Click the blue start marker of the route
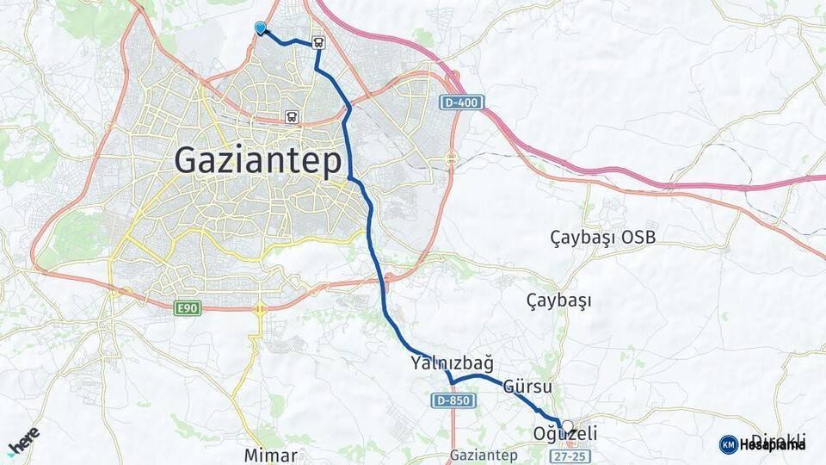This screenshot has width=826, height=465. pos(260,28)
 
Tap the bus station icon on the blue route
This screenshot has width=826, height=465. pos(318,41)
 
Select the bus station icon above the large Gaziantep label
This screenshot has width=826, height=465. pos(292,117)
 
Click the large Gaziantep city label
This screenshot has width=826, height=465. pos(258,161)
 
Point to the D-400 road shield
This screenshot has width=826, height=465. pos(462,102)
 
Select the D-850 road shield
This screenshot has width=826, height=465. pos(452,401)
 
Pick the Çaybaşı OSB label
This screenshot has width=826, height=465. pos(602,236)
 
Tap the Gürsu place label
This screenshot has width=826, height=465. pos(527,387)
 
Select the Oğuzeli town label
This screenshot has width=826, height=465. pos(566,435)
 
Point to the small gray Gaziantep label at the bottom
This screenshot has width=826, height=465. pos(483,455)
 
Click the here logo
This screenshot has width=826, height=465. pos(23,440)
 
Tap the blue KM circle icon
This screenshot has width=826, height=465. pos(728,444)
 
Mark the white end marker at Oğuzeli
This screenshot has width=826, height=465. pos(566,425)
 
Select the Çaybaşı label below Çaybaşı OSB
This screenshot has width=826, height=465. pos(558,301)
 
